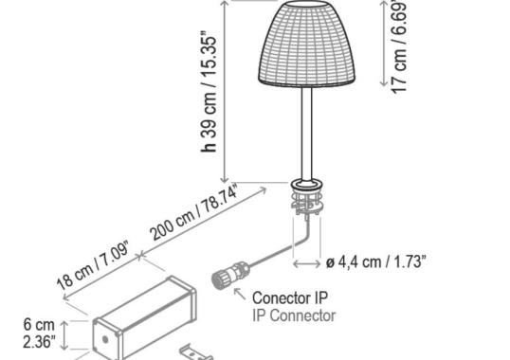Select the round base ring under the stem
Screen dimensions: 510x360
[308, 183]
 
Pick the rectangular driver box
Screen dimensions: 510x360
[147, 313]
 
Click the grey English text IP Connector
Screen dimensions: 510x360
[293, 316]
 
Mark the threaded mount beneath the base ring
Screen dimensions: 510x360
[307, 203]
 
